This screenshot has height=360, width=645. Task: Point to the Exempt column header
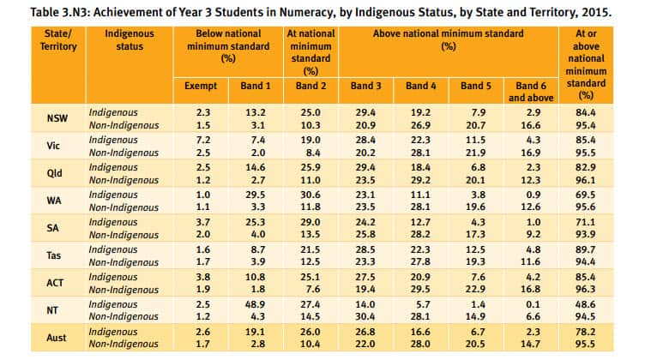coord(201,87)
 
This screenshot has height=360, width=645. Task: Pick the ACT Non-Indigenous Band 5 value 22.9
coord(474,289)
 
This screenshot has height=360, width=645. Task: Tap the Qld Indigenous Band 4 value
coord(420,166)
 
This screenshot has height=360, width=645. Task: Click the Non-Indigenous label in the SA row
coord(125,234)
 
